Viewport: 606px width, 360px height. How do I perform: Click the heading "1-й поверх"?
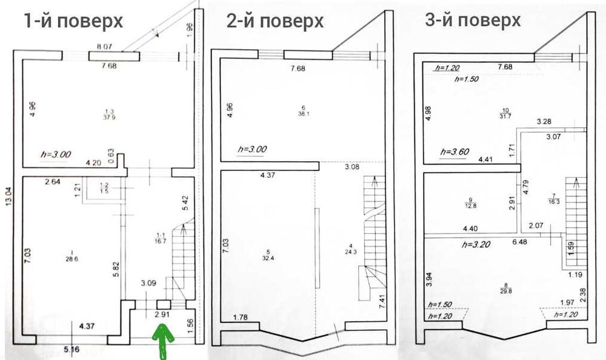pos(73,21)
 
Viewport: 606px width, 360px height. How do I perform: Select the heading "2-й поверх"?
pos(275,21)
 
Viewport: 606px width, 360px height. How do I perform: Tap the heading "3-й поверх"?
pos(473,20)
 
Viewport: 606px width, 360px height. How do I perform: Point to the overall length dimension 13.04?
pos(8,196)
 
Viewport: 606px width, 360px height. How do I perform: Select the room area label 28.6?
pos(72,258)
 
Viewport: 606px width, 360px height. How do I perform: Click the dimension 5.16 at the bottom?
pos(72,349)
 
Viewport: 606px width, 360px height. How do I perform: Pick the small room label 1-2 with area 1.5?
pos(105,188)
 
